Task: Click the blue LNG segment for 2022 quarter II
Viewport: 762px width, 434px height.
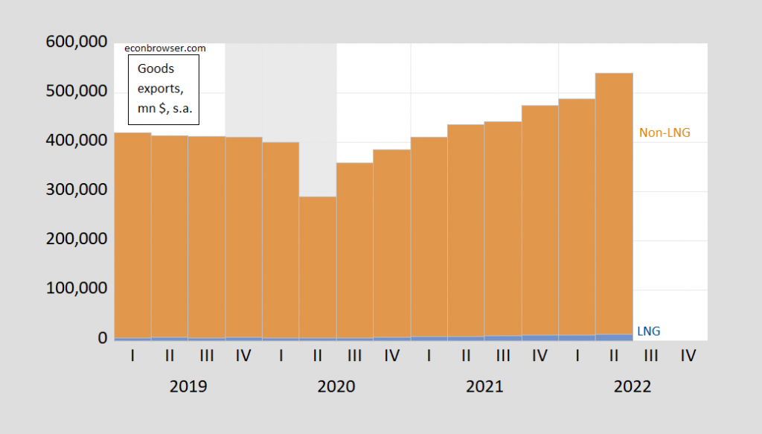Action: pyautogui.click(x=614, y=337)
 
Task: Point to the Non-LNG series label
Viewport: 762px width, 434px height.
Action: pyautogui.click(x=665, y=133)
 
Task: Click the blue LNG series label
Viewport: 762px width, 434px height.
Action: pyautogui.click(x=649, y=331)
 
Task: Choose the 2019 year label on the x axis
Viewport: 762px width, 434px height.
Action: pyautogui.click(x=188, y=387)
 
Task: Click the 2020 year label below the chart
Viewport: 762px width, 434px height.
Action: pyautogui.click(x=336, y=387)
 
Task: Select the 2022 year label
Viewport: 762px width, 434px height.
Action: pyautogui.click(x=633, y=387)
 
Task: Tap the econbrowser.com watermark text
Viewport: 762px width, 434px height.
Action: pyautogui.click(x=164, y=48)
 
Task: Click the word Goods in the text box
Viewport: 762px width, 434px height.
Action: pyautogui.click(x=156, y=68)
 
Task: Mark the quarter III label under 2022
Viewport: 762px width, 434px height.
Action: pyautogui.click(x=651, y=357)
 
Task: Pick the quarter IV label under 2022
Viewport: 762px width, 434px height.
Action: pyautogui.click(x=688, y=357)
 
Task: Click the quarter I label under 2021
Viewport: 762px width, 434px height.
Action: pyautogui.click(x=429, y=357)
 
